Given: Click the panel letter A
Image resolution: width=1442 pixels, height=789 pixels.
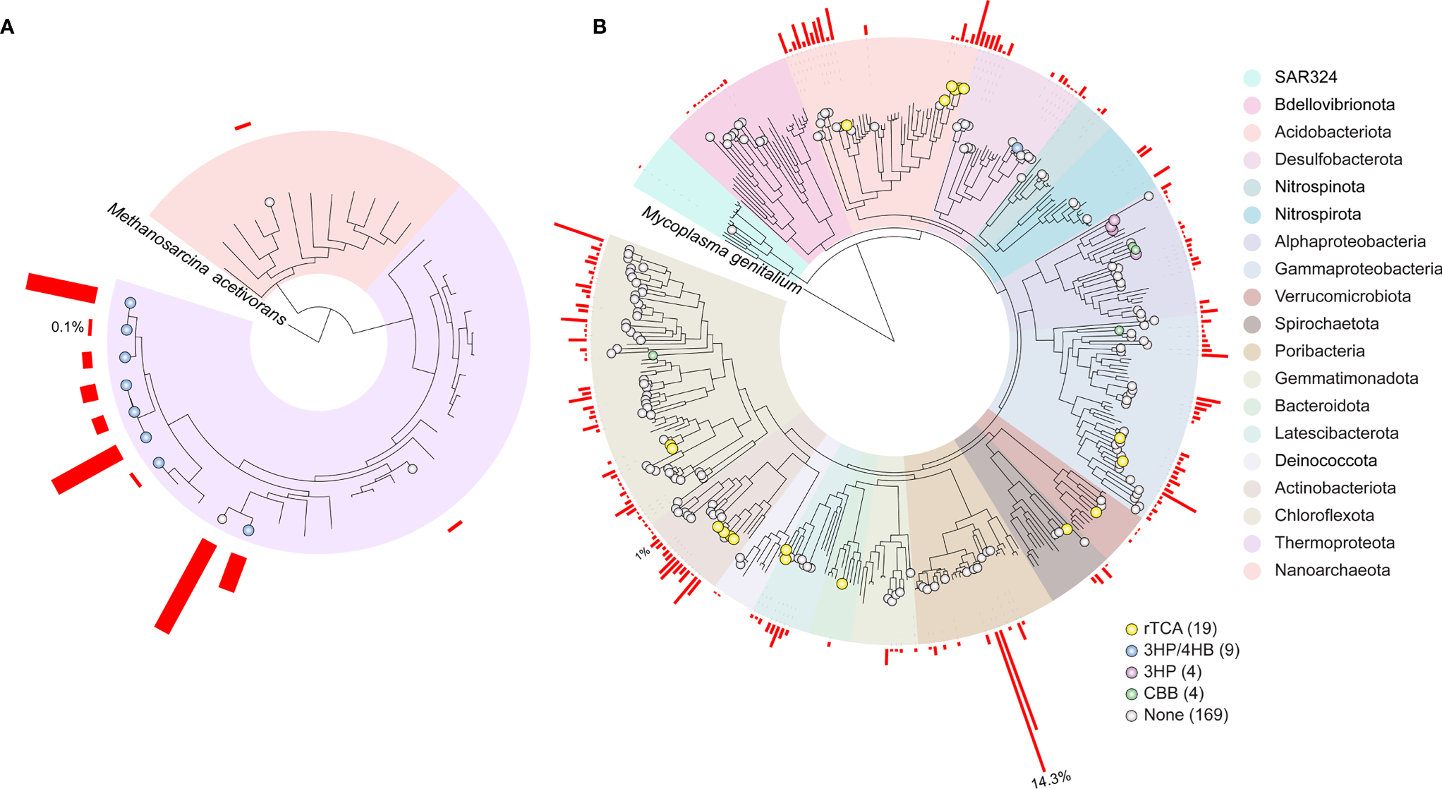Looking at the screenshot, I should (7, 27).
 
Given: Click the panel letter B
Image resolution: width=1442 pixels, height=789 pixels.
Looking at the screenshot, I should (600, 27).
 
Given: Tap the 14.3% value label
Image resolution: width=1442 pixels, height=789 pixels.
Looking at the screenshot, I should (1050, 778).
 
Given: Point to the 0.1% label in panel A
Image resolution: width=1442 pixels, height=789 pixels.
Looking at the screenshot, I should (67, 327).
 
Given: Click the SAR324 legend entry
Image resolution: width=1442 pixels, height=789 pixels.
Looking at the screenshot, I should (1305, 77).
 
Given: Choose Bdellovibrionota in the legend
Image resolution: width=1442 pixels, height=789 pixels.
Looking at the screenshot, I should (1334, 104).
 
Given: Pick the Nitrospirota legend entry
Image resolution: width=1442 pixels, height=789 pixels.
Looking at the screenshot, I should (1317, 214).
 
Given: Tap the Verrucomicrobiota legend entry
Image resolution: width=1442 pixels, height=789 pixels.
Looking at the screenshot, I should (1342, 296).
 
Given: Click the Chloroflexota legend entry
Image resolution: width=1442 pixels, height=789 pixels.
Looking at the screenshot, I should (1323, 515).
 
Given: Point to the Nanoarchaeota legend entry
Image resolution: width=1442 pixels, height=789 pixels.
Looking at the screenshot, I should (1332, 570).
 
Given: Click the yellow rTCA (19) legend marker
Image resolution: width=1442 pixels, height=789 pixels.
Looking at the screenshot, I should (1132, 629).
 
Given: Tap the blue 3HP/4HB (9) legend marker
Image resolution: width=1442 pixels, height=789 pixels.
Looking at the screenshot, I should (1132, 651).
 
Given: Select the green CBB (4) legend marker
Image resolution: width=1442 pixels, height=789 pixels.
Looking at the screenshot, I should (1132, 694).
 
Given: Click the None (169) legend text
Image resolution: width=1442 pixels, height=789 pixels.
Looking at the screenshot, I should (1185, 715).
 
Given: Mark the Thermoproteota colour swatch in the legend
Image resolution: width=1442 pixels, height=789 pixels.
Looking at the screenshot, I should (1252, 543).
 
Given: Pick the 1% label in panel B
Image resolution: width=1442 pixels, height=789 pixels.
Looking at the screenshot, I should (642, 553).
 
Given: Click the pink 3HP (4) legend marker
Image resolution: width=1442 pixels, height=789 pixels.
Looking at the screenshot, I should (1132, 672).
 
